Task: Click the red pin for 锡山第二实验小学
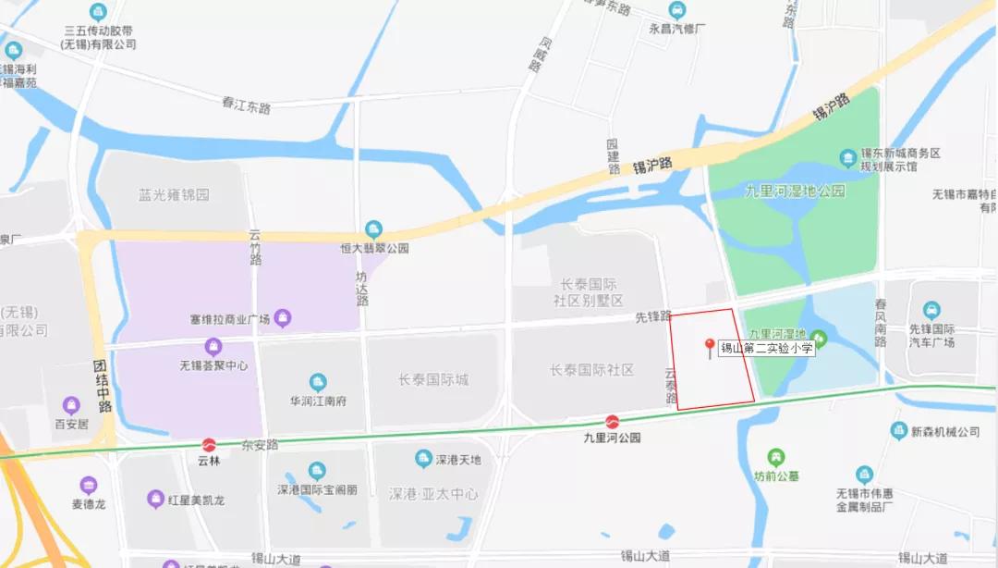[x=710, y=347]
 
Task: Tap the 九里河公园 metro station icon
[x=612, y=422]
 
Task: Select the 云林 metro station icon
[x=210, y=444]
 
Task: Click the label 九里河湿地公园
[x=795, y=191]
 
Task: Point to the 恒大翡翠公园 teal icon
[x=373, y=228]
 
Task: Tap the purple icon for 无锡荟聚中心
[x=214, y=347]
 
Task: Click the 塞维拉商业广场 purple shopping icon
[x=283, y=319]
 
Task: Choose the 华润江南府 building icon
[x=318, y=382]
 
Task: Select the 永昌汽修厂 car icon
[x=678, y=11]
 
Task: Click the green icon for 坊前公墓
[x=775, y=456]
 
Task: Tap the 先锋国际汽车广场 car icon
[x=932, y=310]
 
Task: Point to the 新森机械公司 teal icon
[x=898, y=430]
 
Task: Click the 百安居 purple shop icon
[x=71, y=405]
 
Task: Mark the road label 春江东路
[x=246, y=106]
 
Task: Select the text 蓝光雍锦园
[x=174, y=195]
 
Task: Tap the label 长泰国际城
[x=433, y=379]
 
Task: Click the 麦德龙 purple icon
[x=89, y=485]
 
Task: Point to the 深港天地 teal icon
[x=423, y=459]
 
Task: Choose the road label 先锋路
[x=652, y=316]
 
